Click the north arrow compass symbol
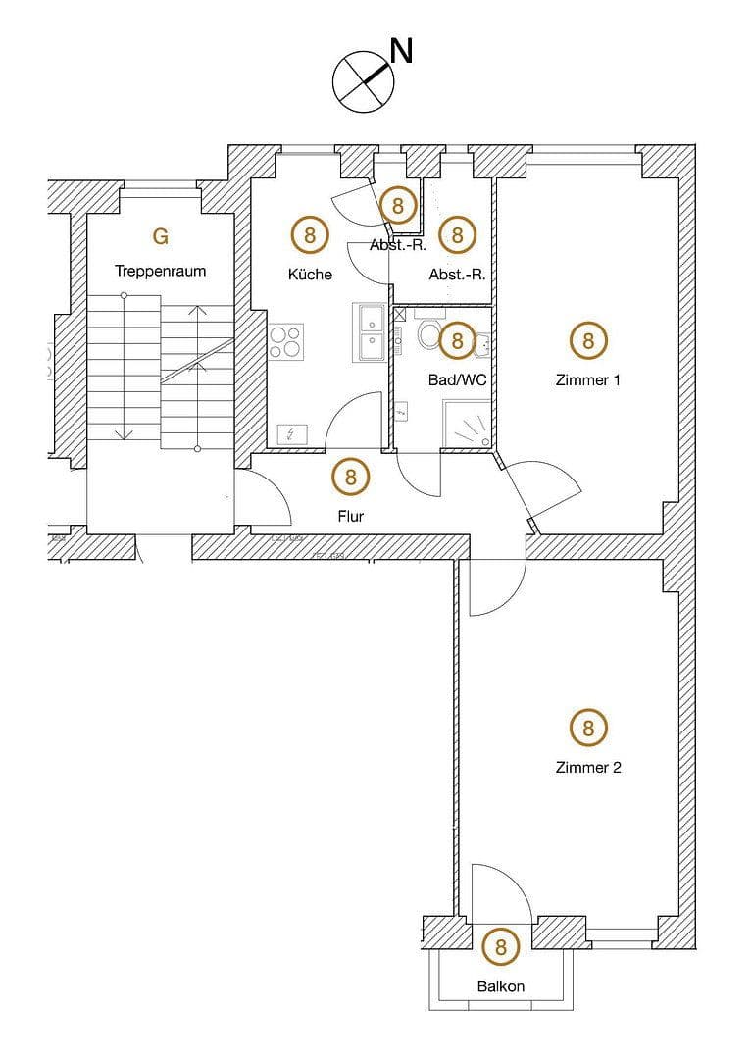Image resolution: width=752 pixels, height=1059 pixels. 363,78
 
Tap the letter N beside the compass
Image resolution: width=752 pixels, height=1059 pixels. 401,51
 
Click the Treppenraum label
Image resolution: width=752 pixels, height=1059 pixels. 160,272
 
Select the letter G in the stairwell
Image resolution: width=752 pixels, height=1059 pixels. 161,236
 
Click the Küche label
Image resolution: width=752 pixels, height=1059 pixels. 310,275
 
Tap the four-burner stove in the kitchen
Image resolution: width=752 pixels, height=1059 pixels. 285,341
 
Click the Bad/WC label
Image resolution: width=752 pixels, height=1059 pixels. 457,378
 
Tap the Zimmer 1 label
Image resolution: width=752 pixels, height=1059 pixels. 588,380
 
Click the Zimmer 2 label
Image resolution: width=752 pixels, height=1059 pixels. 588,768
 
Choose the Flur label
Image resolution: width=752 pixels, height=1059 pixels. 350,516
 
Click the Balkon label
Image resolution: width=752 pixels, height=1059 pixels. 501,986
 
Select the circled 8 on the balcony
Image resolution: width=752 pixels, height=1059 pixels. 501,947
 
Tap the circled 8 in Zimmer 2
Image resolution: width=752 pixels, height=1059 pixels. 588,728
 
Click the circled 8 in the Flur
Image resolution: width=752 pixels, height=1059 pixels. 350,478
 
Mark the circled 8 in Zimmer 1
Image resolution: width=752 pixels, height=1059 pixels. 588,340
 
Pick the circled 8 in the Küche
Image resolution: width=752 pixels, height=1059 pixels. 310,235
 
